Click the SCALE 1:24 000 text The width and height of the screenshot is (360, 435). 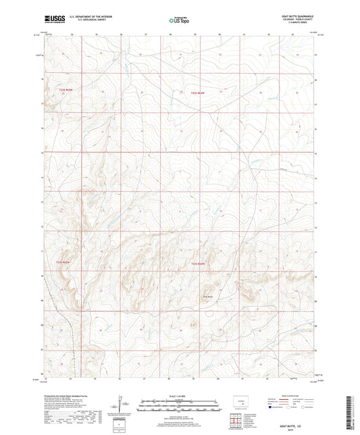pos(179,396)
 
